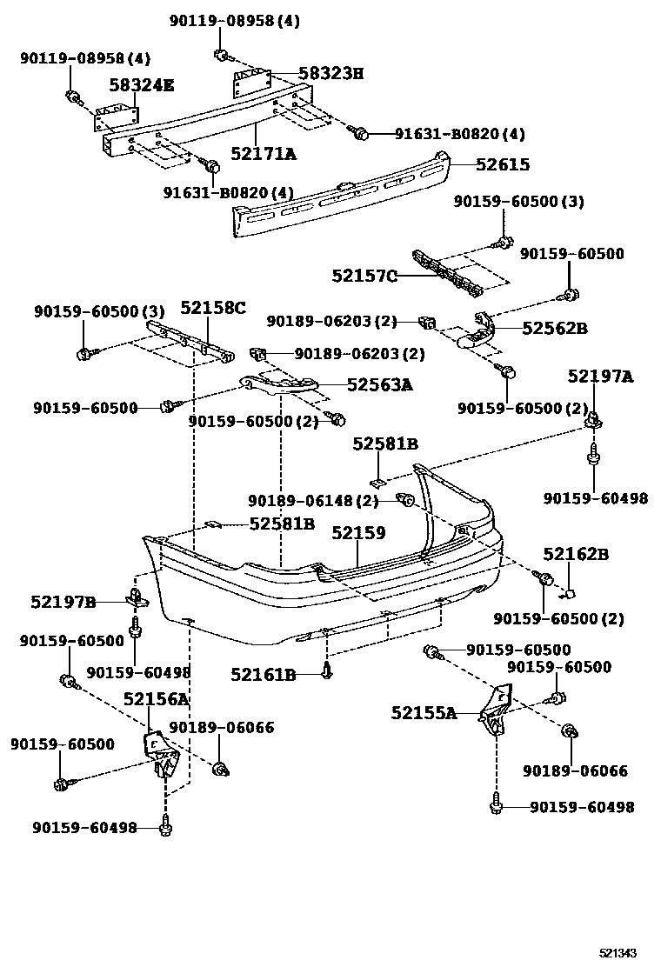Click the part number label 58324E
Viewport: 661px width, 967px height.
pyautogui.click(x=141, y=84)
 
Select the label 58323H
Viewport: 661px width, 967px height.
pyautogui.click(x=330, y=73)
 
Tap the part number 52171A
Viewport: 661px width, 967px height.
pyautogui.click(x=263, y=154)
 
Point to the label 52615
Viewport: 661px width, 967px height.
pyautogui.click(x=502, y=164)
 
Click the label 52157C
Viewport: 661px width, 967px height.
pyautogui.click(x=364, y=277)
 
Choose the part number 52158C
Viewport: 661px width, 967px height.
pyautogui.click(x=213, y=308)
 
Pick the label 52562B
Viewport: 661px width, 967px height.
pyautogui.click(x=554, y=328)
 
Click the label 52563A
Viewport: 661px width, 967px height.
pyautogui.click(x=379, y=383)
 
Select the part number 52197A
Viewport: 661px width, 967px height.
pyautogui.click(x=600, y=377)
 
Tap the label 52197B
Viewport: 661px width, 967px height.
pyautogui.click(x=63, y=602)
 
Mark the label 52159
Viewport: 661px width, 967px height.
pyautogui.click(x=357, y=532)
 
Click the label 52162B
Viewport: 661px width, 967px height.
pyautogui.click(x=576, y=554)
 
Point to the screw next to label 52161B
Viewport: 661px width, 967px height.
pyautogui.click(x=327, y=670)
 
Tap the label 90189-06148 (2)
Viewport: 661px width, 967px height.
pyautogui.click(x=313, y=501)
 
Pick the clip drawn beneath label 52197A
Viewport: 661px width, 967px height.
pyautogui.click(x=594, y=423)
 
